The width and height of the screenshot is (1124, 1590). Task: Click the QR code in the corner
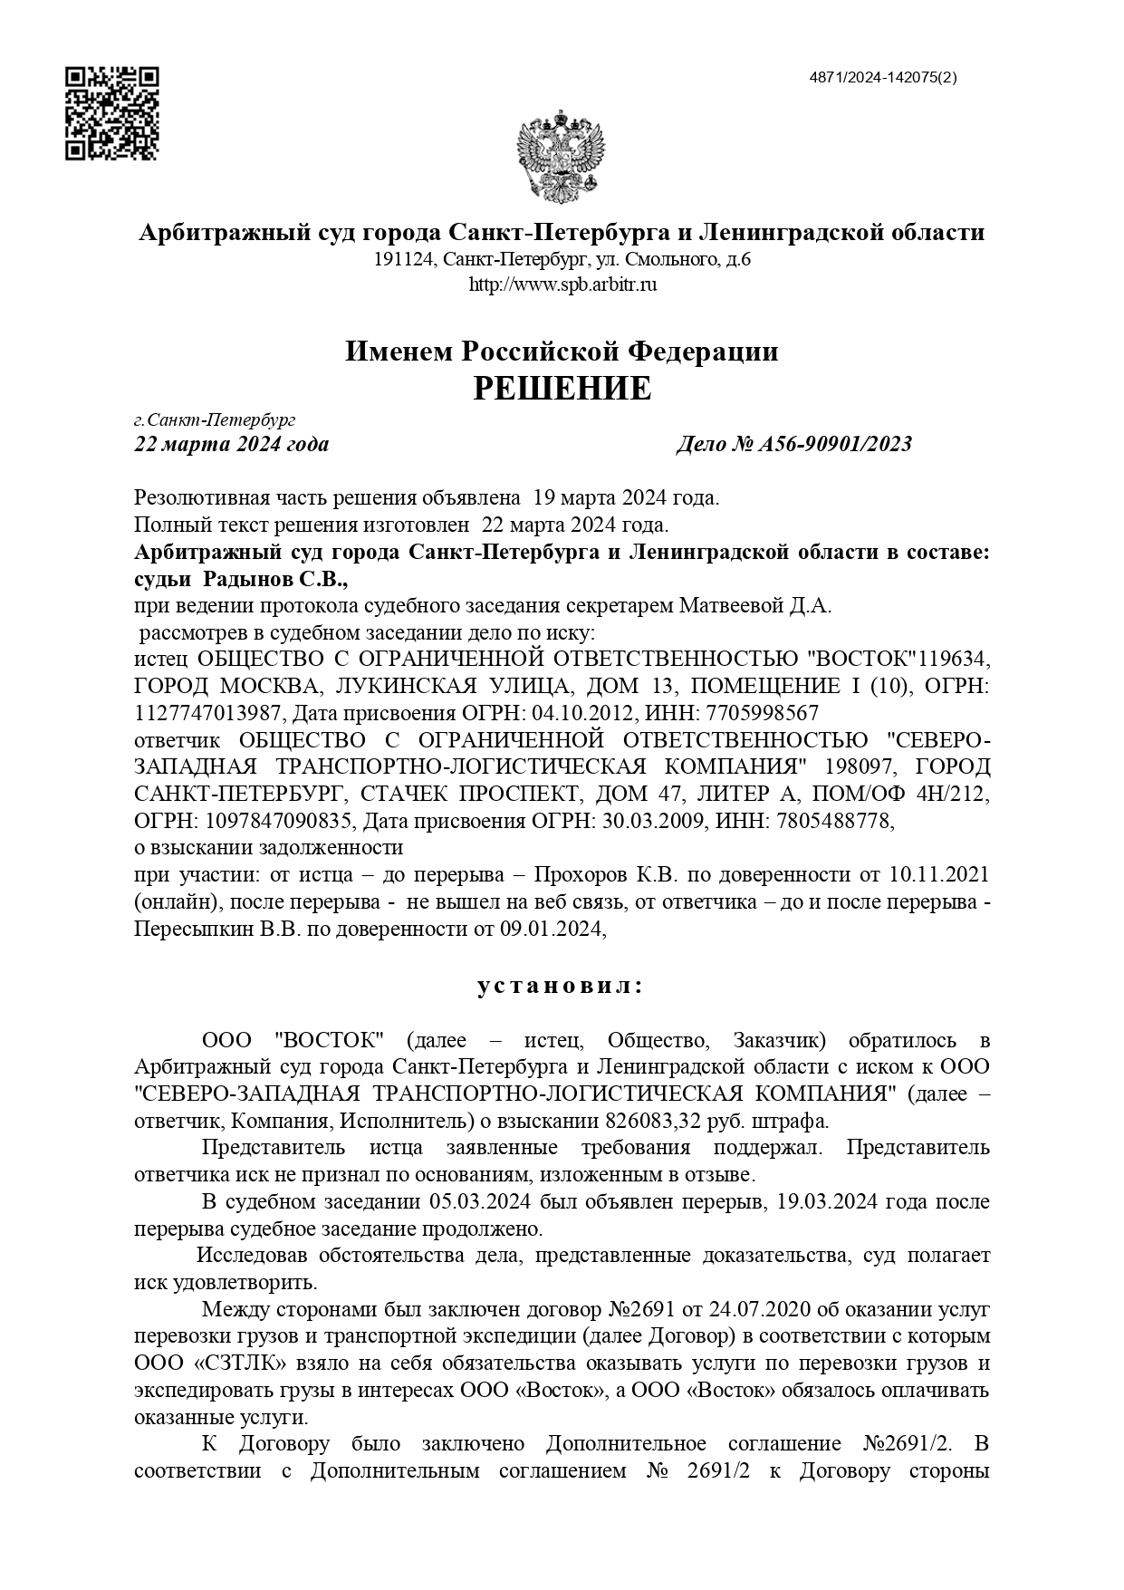(x=112, y=113)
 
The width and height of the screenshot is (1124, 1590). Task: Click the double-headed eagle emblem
(x=561, y=156)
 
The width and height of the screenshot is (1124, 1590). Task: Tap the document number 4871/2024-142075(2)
(x=882, y=77)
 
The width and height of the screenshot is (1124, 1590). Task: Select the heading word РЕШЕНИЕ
(x=562, y=389)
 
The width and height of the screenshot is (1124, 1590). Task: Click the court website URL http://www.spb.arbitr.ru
(x=562, y=284)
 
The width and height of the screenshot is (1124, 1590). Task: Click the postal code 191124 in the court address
(x=404, y=260)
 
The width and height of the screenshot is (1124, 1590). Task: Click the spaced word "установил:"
(x=561, y=986)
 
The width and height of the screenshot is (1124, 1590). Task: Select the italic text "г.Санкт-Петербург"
(x=215, y=420)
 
